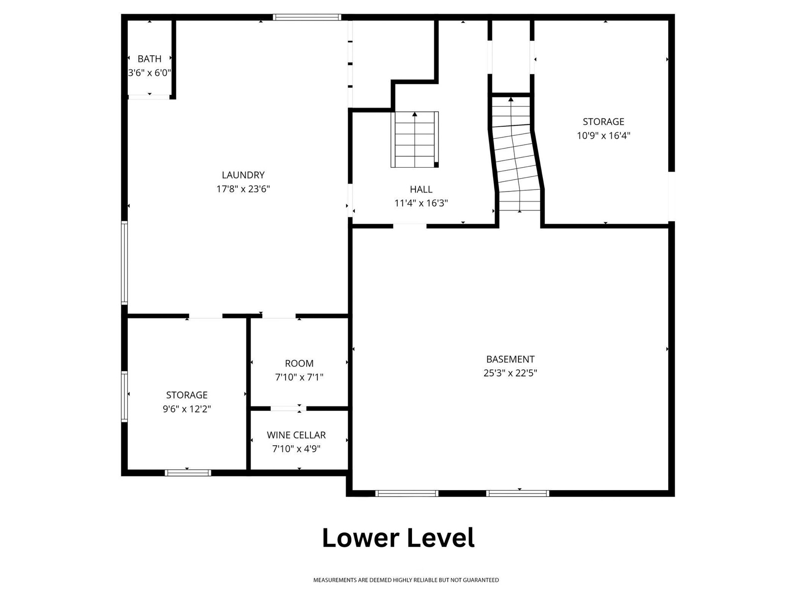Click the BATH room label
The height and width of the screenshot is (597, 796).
pos(149,59)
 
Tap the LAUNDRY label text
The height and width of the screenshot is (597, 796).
pos(243,175)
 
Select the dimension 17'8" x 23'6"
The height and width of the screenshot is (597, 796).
pos(243,189)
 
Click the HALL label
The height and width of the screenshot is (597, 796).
pos(421,189)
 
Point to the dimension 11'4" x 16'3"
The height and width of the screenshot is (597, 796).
pos(421,203)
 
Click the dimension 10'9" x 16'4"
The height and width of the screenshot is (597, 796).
pos(603,135)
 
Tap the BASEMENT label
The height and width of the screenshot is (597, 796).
pos(510,359)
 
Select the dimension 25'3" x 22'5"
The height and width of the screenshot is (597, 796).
pos(510,373)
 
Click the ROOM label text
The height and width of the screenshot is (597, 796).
pos(299,364)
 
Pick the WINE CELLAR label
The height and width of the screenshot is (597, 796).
pos(297,435)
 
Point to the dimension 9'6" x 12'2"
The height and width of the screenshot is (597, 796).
pos(187,409)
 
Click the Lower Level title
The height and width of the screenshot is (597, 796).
pos(398,538)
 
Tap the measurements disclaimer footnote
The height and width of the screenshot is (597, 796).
pos(406,580)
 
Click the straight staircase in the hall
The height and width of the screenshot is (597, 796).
pos(414,140)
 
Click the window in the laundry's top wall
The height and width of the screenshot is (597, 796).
pos(307,17)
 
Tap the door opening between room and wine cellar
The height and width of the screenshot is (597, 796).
pos(288,408)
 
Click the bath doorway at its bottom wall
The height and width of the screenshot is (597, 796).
pos(149,97)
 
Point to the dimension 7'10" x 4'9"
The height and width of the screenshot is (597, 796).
pos(297,449)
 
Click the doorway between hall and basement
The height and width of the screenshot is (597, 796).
pos(410,226)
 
